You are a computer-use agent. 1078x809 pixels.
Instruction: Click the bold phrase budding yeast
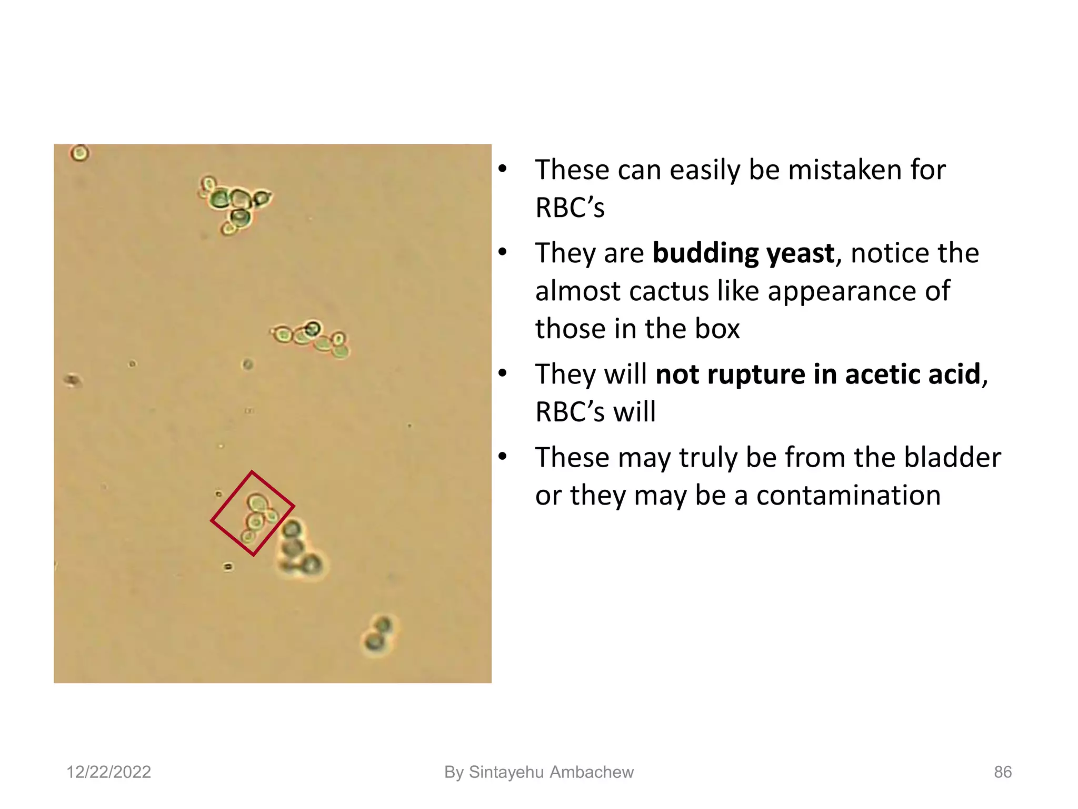(743, 253)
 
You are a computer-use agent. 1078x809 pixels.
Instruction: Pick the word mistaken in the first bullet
(844, 170)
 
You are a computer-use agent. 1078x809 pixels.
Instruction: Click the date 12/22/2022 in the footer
(108, 772)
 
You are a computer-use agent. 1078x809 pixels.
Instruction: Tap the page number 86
(1002, 772)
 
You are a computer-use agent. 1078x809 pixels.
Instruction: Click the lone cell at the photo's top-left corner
(79, 153)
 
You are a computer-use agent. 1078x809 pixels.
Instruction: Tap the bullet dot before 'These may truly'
(503, 456)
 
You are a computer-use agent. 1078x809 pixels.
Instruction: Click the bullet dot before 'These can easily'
(503, 169)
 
